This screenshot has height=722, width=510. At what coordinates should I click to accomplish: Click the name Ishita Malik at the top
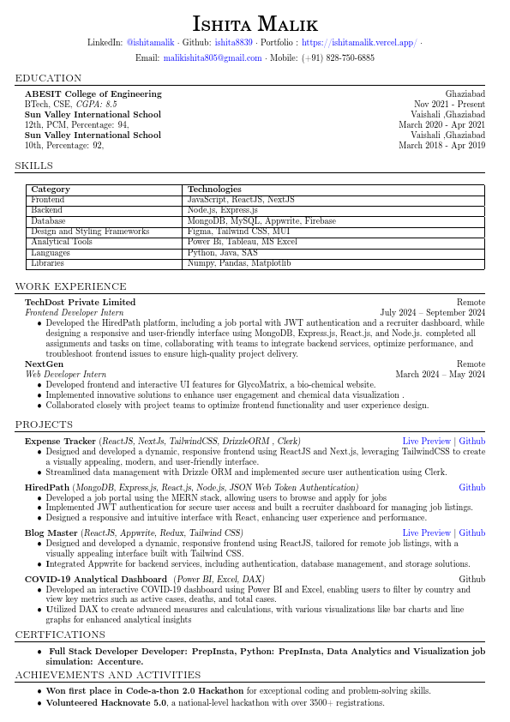(x=255, y=23)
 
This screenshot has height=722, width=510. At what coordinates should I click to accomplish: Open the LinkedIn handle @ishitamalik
(x=150, y=42)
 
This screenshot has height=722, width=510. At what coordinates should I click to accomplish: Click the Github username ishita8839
(x=233, y=42)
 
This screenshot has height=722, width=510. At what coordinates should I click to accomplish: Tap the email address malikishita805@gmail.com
(x=213, y=58)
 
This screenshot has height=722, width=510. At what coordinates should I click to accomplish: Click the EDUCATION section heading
(x=48, y=78)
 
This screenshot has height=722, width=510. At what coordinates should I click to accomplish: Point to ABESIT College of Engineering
(x=93, y=93)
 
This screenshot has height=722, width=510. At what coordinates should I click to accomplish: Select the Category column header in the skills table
(x=51, y=190)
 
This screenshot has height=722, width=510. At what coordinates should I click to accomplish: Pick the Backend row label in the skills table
(x=46, y=210)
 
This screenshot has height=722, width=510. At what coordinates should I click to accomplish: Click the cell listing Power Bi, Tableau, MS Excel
(x=242, y=242)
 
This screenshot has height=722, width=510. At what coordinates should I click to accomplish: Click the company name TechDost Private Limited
(x=80, y=303)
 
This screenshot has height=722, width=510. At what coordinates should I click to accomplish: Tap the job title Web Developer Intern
(x=65, y=375)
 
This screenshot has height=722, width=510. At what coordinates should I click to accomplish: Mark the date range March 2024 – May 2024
(x=440, y=375)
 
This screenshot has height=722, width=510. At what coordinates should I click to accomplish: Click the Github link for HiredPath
(x=471, y=488)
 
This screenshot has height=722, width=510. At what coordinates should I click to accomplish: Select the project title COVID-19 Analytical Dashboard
(x=96, y=580)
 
